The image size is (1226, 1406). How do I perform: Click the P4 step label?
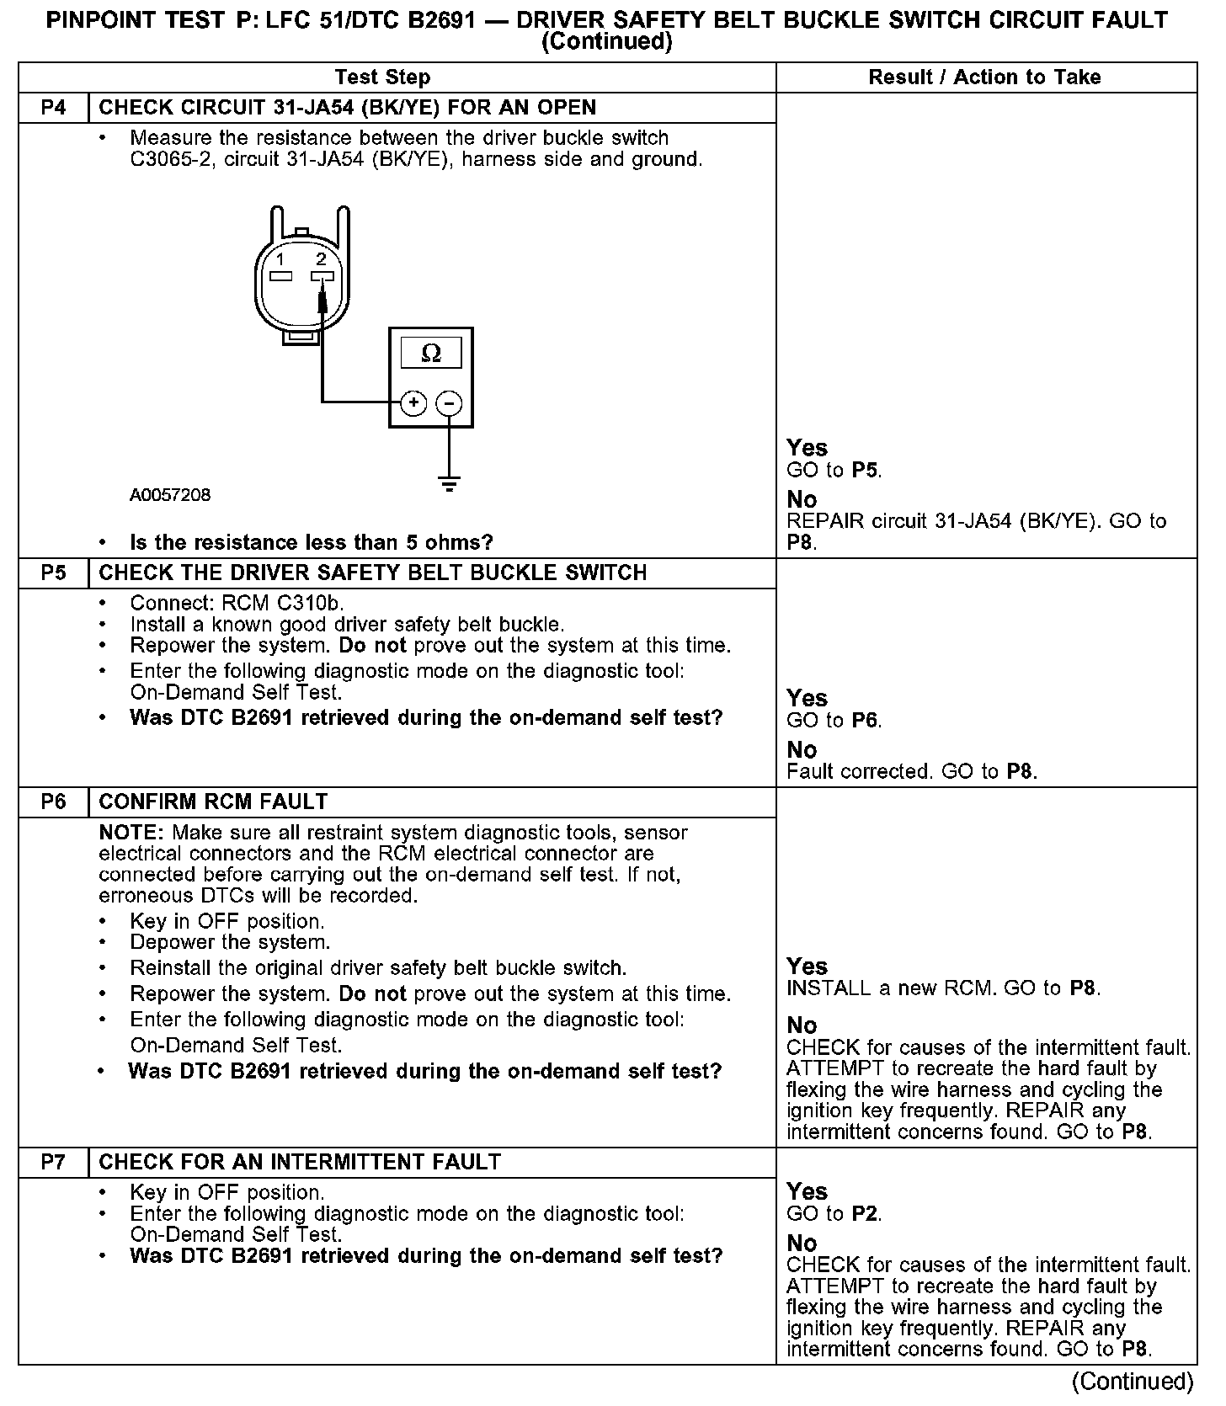click(53, 108)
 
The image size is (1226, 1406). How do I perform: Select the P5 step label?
click(53, 573)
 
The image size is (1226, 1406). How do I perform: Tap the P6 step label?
click(53, 802)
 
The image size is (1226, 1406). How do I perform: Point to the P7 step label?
click(53, 1163)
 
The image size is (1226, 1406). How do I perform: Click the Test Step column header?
click(382, 77)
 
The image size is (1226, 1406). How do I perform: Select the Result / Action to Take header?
click(984, 77)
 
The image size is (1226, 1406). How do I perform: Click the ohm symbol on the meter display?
click(430, 354)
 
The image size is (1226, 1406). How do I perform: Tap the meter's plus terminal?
click(413, 403)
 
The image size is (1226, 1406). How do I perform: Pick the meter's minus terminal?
click(450, 403)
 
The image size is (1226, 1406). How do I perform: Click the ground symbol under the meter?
click(450, 483)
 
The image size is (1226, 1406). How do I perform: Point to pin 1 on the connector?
click(281, 276)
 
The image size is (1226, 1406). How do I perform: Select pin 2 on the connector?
click(322, 276)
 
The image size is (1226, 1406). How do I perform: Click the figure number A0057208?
click(170, 495)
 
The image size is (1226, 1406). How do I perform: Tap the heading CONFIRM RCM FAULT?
click(213, 802)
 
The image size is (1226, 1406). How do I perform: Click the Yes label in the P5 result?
click(807, 698)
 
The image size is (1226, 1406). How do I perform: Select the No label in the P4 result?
click(802, 499)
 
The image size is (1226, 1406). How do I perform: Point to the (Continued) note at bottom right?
click(1132, 1382)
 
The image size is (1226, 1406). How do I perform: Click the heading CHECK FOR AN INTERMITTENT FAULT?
click(300, 1163)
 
